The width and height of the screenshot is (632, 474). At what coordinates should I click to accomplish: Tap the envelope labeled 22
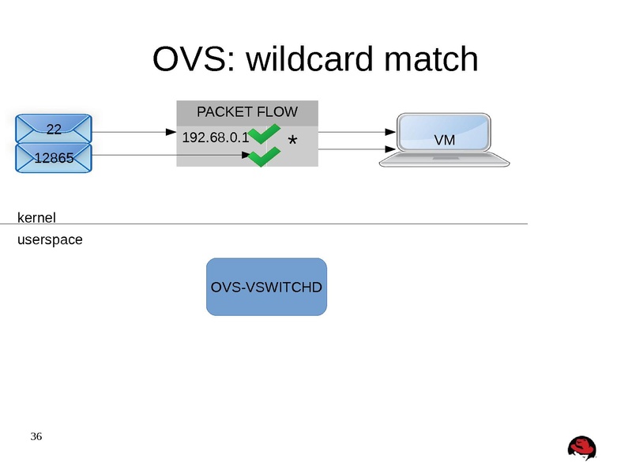coord(54,129)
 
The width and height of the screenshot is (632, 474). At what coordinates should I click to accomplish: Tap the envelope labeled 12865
coord(54,158)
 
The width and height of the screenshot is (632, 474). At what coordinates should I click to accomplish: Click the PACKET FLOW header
coord(246,112)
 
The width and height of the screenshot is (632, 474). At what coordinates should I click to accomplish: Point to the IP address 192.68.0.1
coord(215,137)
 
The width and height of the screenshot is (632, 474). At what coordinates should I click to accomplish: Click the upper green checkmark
coord(262,134)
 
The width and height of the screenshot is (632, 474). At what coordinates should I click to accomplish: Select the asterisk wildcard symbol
coord(292,142)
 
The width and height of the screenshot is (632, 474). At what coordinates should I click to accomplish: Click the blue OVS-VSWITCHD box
coord(266,287)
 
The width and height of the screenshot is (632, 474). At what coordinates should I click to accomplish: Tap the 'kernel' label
coord(36,217)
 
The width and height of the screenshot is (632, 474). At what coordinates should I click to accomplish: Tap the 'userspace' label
coord(50,239)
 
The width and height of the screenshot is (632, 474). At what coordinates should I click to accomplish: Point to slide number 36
coord(36,436)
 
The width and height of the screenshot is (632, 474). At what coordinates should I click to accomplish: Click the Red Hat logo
coord(581,448)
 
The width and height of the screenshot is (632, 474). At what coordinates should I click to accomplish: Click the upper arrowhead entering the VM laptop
coord(389,132)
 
